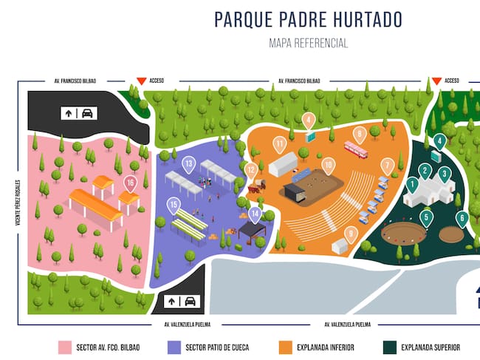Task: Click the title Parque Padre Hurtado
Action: coord(308,19)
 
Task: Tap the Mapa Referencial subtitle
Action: coord(308,44)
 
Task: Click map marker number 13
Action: coord(190,164)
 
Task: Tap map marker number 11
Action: coord(280,143)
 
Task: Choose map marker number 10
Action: coord(329,164)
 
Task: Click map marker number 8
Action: coord(360,134)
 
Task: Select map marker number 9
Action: coord(351,233)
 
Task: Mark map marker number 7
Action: coord(388,166)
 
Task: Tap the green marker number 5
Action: coord(425,217)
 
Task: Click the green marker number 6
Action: coord(462,218)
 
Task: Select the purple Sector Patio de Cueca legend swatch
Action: coord(175,347)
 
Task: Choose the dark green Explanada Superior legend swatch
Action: coord(389,347)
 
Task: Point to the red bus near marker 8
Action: coord(356,151)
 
